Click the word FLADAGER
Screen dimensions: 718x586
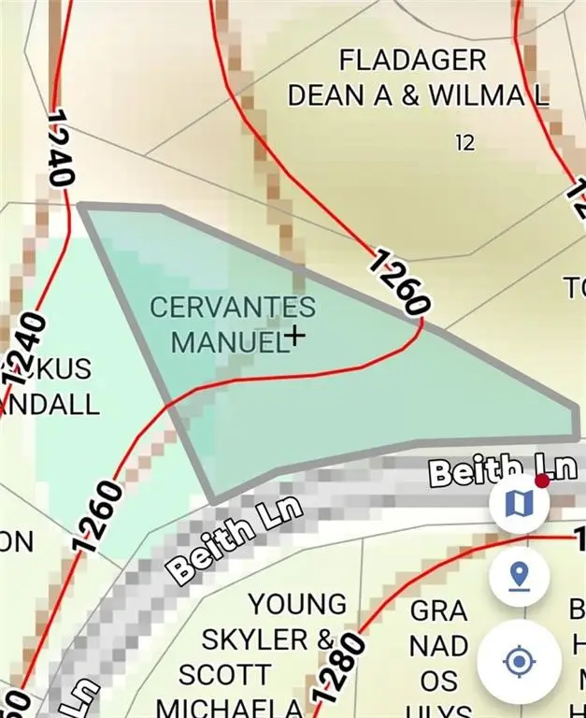click(412, 61)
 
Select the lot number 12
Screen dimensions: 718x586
click(465, 142)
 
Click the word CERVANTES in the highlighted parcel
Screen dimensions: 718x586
click(233, 307)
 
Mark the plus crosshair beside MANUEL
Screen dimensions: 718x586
click(295, 336)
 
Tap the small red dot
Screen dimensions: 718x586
click(541, 481)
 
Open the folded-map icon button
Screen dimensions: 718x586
click(519, 505)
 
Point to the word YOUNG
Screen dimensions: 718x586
click(298, 605)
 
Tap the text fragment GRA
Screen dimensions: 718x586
click(438, 611)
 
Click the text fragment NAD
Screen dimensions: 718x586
click(438, 646)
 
